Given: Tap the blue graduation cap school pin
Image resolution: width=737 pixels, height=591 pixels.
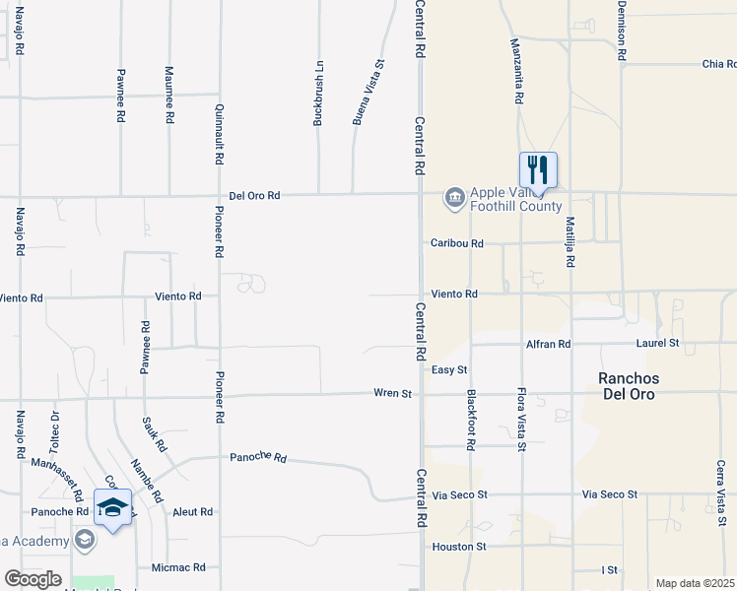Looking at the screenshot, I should tap(113, 507).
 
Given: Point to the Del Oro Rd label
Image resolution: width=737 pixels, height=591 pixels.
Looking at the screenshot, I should tap(254, 196).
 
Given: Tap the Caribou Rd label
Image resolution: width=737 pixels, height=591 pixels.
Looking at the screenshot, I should tap(456, 243).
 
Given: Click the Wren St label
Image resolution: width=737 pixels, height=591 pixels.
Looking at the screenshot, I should tap(391, 393).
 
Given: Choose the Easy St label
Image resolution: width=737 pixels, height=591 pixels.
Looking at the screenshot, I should tap(448, 369).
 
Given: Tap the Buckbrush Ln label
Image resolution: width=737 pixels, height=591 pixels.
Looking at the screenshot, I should tap(318, 95).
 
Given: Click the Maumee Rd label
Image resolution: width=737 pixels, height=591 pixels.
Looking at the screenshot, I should tap(169, 95).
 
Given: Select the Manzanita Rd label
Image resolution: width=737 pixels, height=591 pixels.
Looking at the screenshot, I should tap(515, 71).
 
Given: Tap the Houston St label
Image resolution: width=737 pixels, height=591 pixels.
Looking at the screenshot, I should tap(458, 546).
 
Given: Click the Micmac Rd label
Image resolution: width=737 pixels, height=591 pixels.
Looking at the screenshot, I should tap(178, 567).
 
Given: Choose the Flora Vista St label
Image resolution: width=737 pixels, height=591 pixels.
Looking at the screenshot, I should tap(522, 420).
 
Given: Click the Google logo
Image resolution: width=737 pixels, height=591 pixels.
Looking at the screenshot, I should tap(33, 579).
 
